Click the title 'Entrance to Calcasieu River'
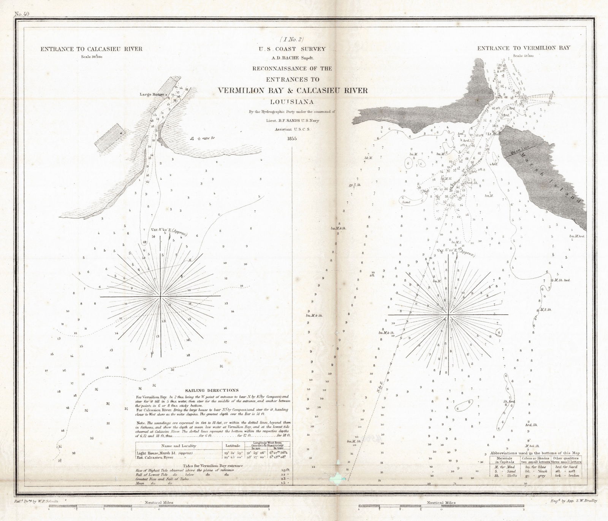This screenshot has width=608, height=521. tap(91, 49)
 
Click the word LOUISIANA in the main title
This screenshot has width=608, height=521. tap(291, 102)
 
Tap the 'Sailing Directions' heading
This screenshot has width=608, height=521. tap(212, 390)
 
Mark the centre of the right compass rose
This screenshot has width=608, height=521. tap(449, 315)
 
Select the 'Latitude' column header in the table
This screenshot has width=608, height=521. tap(232, 446)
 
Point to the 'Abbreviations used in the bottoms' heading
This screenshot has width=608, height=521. tap(535, 453)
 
